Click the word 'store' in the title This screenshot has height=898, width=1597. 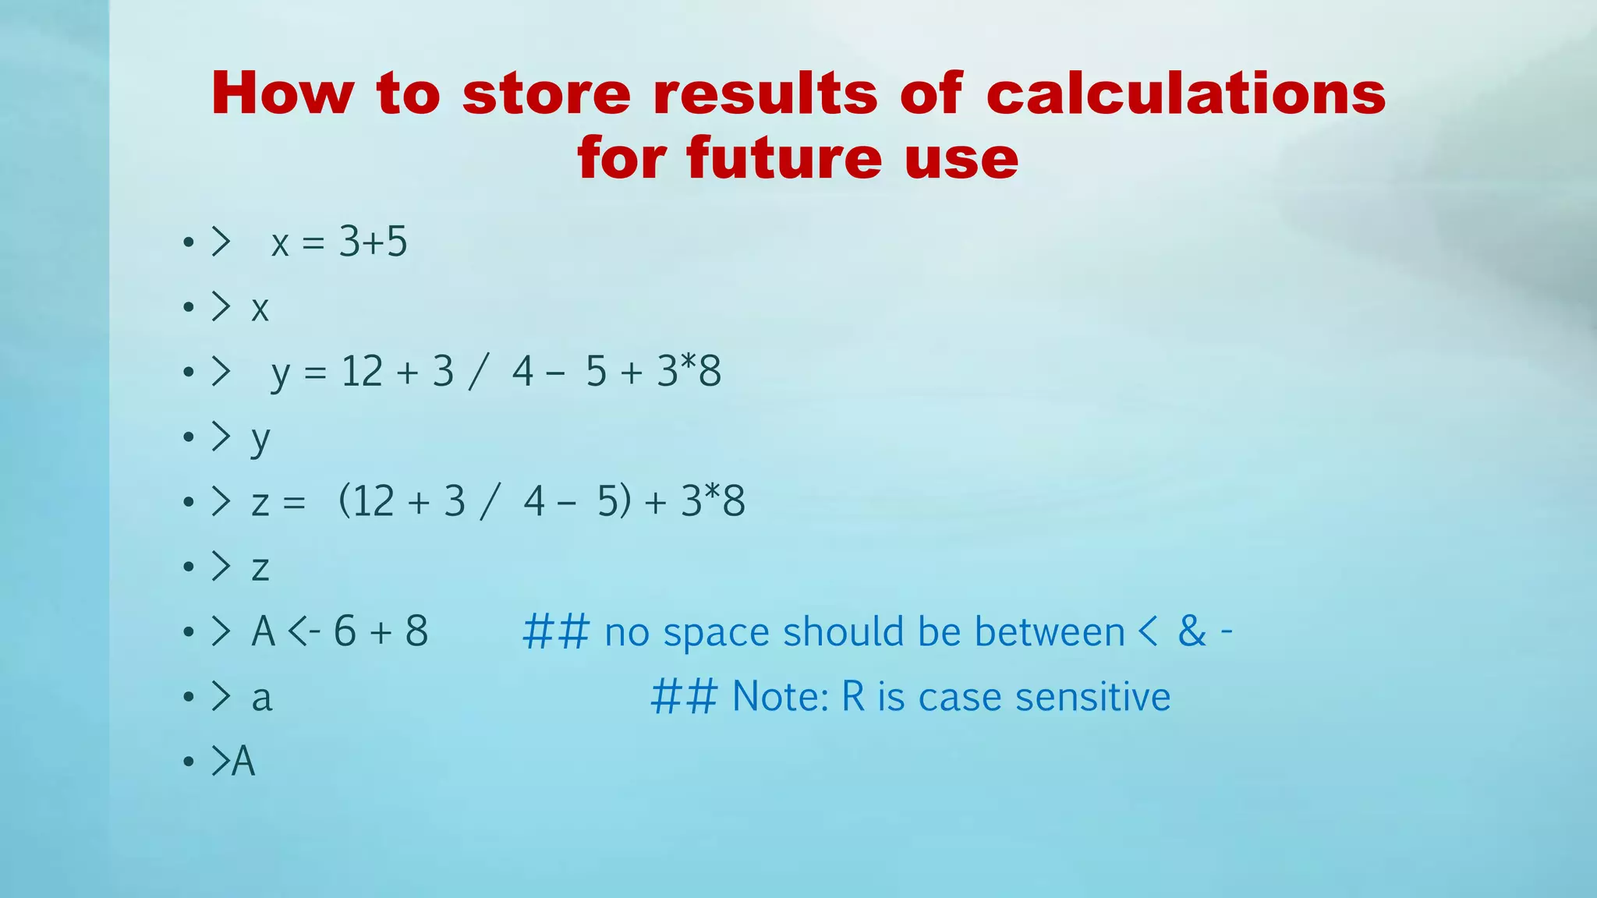(x=546, y=94)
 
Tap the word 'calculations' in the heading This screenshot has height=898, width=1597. (x=1185, y=94)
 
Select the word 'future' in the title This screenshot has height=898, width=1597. (x=784, y=158)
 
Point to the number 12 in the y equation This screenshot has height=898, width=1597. (x=362, y=371)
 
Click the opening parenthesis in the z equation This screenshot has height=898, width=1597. (x=345, y=501)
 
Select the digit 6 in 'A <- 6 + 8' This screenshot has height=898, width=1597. (x=345, y=631)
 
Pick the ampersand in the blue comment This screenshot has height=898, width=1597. (x=1192, y=631)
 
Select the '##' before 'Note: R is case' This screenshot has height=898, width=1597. (x=684, y=697)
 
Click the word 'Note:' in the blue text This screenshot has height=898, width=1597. (x=781, y=697)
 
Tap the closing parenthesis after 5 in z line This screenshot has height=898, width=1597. (x=625, y=501)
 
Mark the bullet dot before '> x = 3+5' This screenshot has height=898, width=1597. (x=188, y=242)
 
